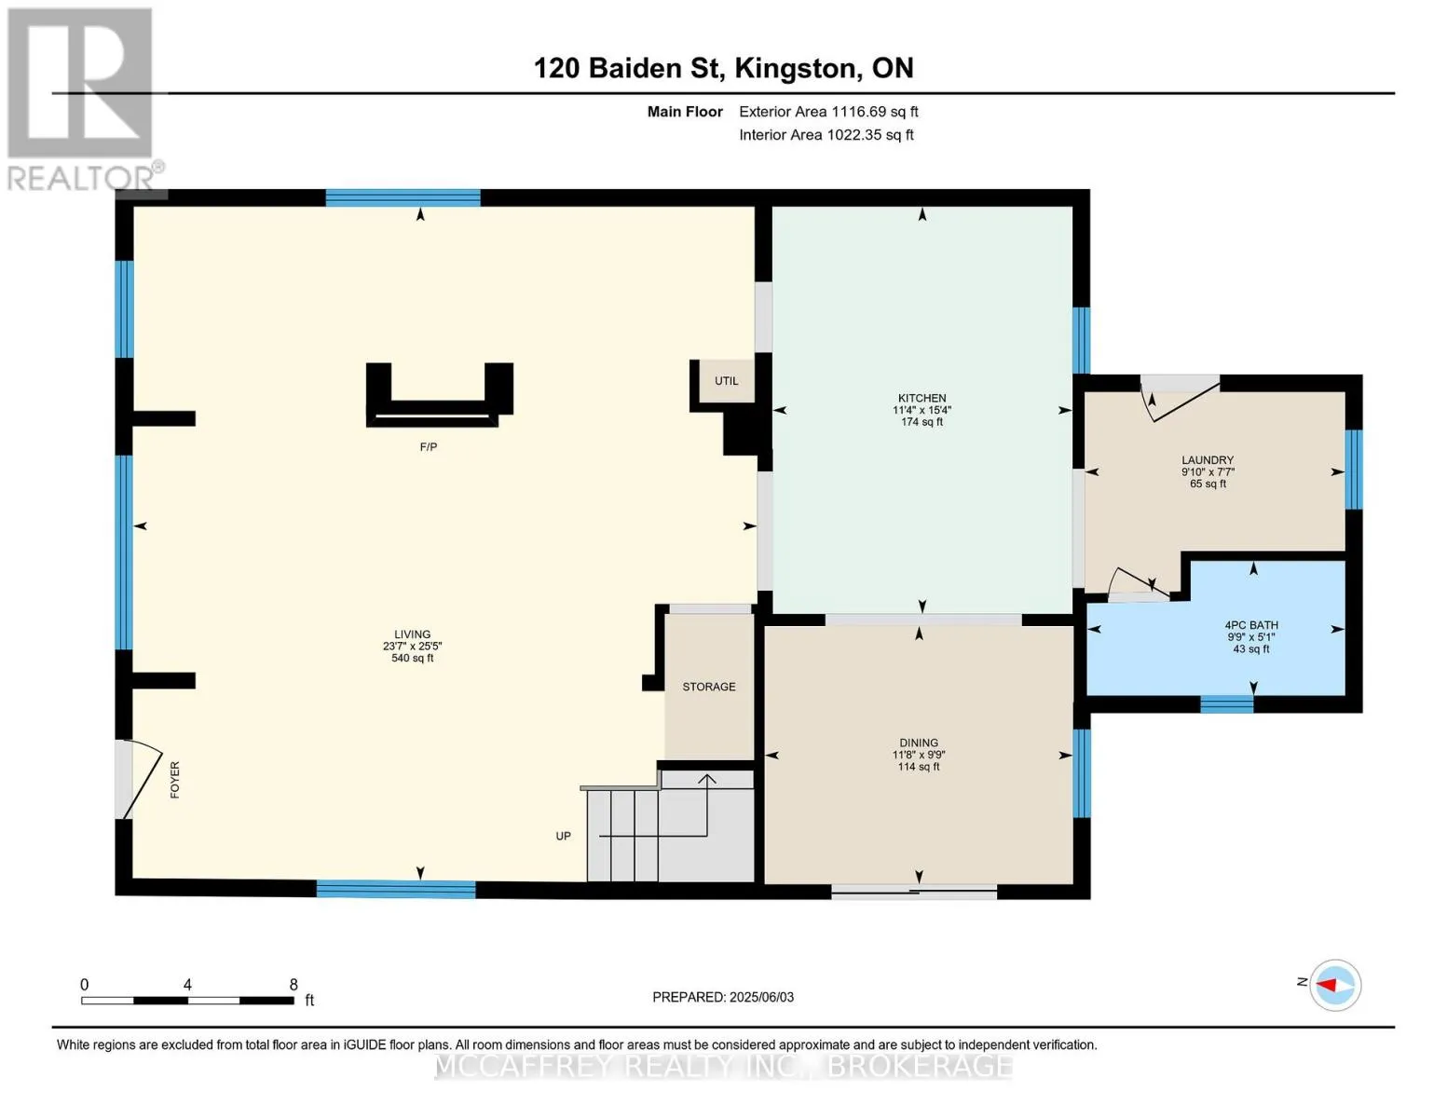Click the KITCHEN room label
coord(921,398)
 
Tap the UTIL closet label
coord(727,381)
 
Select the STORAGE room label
coord(708,687)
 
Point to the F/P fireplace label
coord(429,447)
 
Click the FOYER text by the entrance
coord(174,780)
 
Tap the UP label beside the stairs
coord(564,836)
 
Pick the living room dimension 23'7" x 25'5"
coord(412,646)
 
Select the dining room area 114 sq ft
coord(919,767)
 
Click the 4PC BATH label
coord(1251,624)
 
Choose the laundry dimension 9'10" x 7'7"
coord(1208,471)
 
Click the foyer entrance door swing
coord(143,778)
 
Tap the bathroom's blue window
coord(1226,703)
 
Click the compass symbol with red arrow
coord(1335,985)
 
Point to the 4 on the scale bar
coord(188,984)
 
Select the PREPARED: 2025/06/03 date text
coord(723,997)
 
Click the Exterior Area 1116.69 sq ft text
coord(828,112)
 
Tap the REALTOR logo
coord(83,100)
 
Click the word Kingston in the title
coord(795,69)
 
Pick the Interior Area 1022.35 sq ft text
coord(826,134)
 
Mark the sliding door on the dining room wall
coord(914,892)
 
